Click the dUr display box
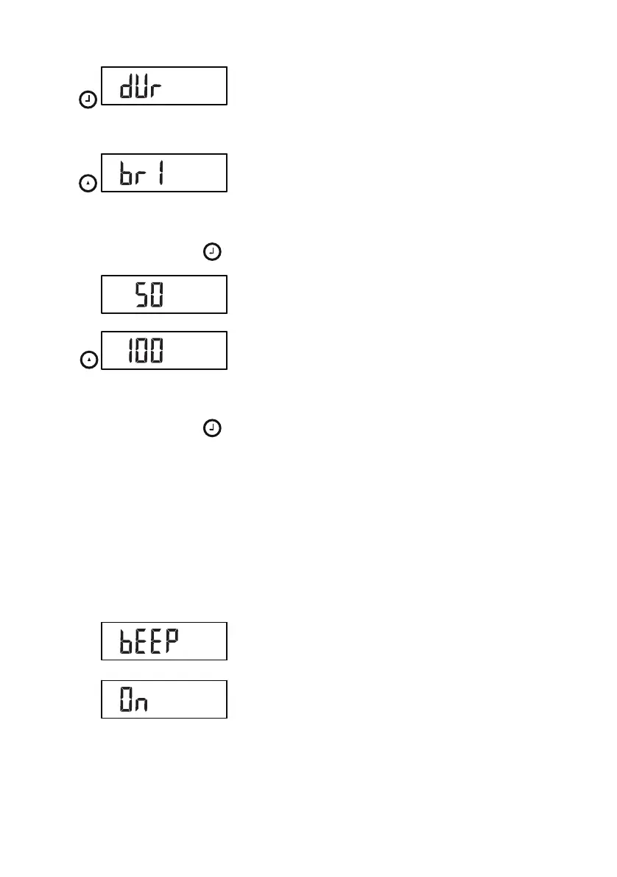pos(163,86)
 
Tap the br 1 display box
pos(163,173)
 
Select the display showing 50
pos(163,295)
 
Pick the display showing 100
pos(163,350)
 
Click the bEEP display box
pos(163,641)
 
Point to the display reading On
pos(163,699)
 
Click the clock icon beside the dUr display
pos(88,101)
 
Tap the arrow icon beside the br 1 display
pos(88,186)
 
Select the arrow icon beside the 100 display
pos(88,360)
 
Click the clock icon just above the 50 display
pos(212,254)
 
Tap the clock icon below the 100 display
pos(212,428)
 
